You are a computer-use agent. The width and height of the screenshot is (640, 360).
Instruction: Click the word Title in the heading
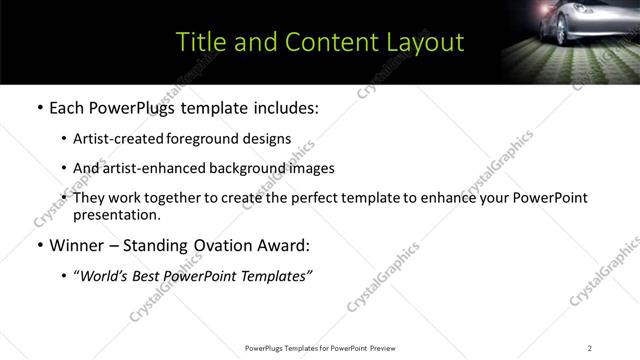pos(198,42)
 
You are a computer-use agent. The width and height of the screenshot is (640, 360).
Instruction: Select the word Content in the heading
pos(322,42)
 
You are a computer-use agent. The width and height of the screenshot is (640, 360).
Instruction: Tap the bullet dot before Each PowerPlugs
pos(39,106)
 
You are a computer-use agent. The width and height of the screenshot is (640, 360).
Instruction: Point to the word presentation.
pos(115,214)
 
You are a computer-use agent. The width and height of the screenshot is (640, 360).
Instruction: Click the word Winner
pos(78,245)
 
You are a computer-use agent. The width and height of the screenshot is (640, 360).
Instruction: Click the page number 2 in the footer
pos(589,347)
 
